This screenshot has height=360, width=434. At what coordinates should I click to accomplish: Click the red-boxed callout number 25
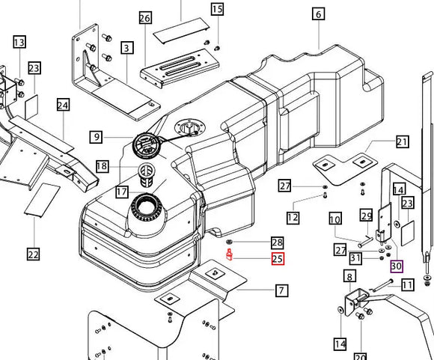click(278, 259)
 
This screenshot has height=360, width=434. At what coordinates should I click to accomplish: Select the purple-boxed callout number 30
click(397, 266)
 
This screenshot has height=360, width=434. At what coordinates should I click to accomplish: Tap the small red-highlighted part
click(229, 254)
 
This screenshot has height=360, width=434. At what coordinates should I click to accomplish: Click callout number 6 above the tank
click(319, 13)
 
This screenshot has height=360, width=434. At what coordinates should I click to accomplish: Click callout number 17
click(122, 192)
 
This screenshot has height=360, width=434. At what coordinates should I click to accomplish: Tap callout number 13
click(19, 42)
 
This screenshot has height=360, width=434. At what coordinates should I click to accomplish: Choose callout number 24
click(63, 105)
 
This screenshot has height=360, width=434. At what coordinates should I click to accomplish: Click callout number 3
click(126, 48)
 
